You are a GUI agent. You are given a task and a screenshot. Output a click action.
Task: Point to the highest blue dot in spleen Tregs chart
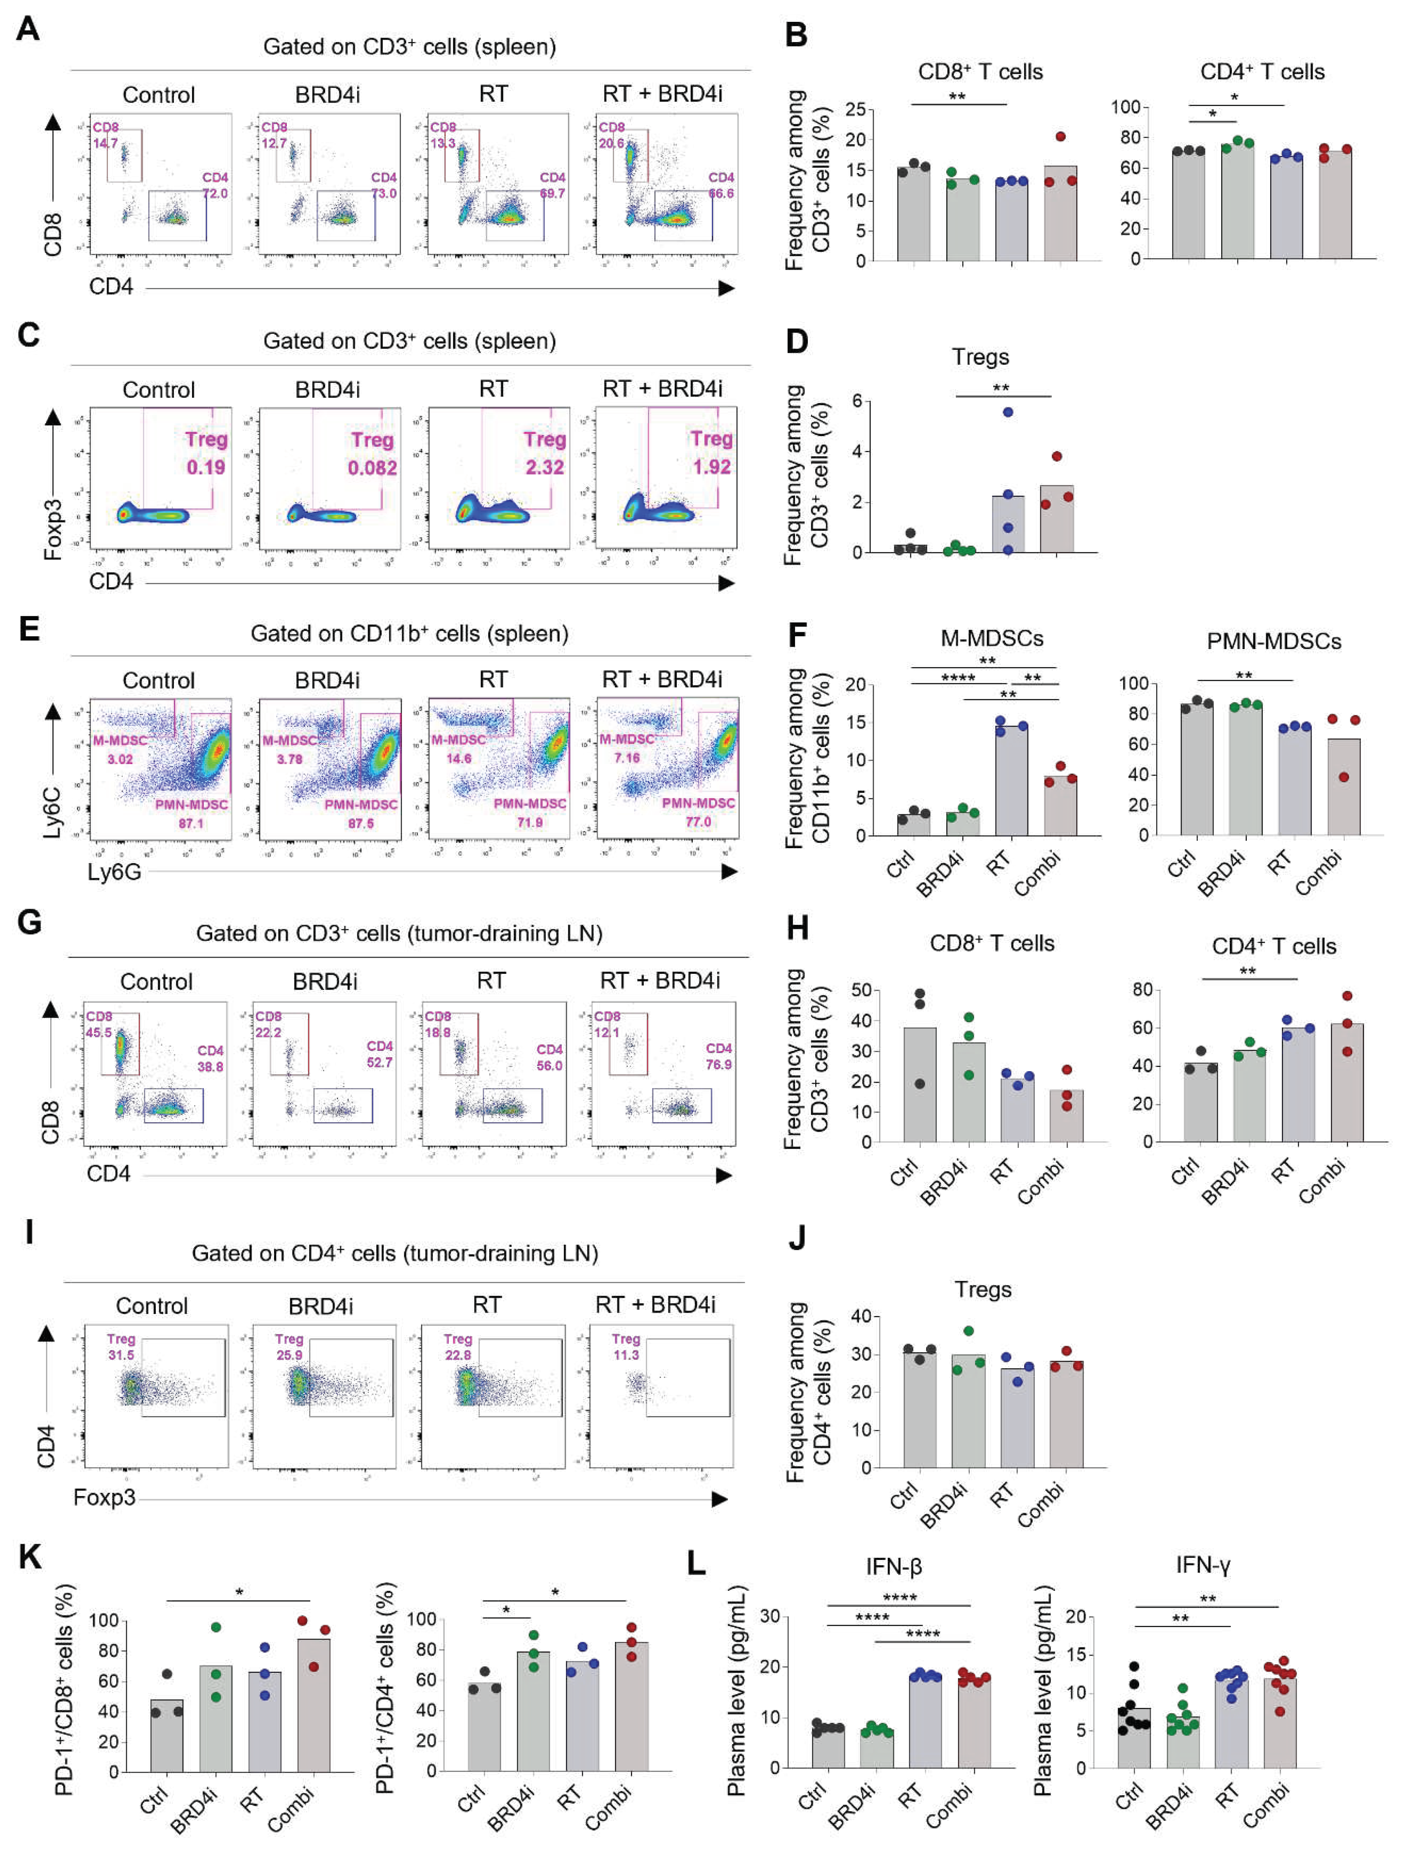pyautogui.click(x=1008, y=412)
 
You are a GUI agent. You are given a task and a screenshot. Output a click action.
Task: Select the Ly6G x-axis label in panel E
pyautogui.click(x=114, y=872)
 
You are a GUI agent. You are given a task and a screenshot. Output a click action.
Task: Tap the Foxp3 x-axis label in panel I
pyautogui.click(x=104, y=1497)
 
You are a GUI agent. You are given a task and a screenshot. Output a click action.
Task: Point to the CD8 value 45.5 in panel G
pyautogui.click(x=99, y=1032)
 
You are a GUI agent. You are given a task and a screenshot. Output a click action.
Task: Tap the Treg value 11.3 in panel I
pyautogui.click(x=625, y=1355)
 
